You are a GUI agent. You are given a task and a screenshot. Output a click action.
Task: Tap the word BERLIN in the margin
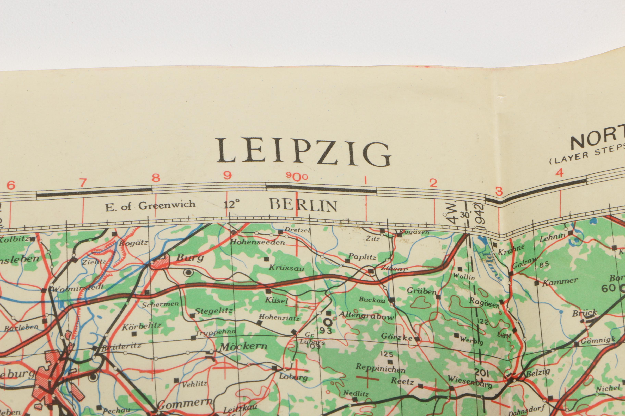303,205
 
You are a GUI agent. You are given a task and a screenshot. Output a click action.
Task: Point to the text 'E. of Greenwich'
150,206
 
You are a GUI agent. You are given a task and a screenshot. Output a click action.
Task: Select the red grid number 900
297,176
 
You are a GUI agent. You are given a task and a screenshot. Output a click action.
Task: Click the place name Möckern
243,346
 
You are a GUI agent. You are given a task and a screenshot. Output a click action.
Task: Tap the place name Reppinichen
380,368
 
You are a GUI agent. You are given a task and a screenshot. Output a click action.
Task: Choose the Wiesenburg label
470,382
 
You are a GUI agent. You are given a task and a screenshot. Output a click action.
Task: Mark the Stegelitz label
214,310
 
